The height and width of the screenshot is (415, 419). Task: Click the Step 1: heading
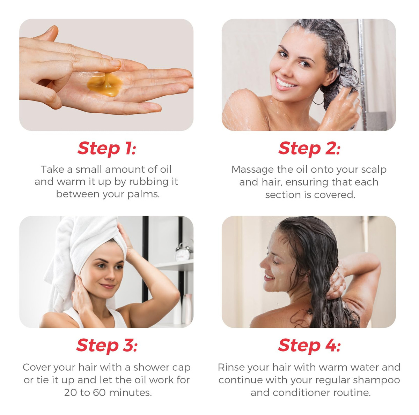(x=106, y=149)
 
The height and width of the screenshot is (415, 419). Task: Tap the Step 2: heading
(x=309, y=149)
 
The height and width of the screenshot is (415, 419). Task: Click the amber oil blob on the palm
(x=105, y=84)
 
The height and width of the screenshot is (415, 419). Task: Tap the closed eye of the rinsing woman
(x=275, y=263)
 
